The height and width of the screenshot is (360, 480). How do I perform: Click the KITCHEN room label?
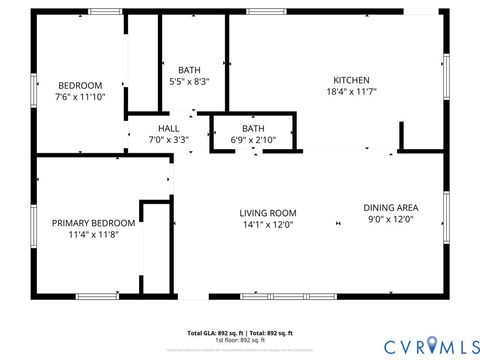click(351, 80)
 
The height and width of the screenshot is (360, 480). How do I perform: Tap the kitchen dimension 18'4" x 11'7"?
click(351, 91)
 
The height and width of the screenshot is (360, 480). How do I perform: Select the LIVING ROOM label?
click(267, 212)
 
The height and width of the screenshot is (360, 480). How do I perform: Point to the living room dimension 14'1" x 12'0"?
click(267, 224)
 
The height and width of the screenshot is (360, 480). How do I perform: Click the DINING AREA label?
click(390, 207)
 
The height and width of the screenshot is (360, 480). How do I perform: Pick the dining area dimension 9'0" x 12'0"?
click(390, 219)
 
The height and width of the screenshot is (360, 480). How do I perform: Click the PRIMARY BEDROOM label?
click(93, 222)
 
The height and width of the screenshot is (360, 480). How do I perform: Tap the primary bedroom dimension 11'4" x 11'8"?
click(93, 234)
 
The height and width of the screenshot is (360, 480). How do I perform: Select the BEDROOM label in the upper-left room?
click(79, 85)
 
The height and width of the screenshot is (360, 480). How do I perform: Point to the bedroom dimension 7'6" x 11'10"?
click(79, 97)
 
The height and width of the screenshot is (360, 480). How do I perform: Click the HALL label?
click(168, 128)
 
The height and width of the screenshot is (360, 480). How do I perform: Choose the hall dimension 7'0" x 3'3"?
click(168, 140)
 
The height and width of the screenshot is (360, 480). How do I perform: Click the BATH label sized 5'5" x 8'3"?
click(189, 69)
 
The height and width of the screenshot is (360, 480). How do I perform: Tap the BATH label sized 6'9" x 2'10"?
click(253, 128)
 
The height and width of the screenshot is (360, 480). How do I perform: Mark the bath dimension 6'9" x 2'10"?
click(253, 140)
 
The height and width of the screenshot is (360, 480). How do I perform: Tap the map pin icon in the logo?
click(431, 345)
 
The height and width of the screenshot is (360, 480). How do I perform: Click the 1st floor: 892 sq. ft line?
click(240, 340)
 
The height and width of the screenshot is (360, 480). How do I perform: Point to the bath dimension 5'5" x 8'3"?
click(189, 80)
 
